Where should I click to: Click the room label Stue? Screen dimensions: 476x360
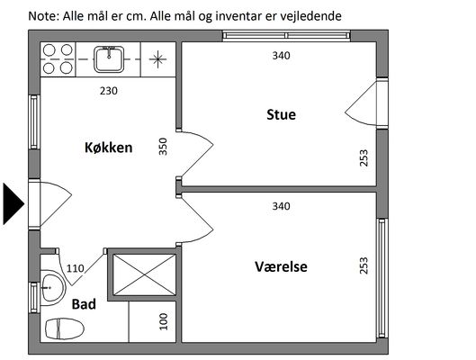pyautogui.click(x=281, y=114)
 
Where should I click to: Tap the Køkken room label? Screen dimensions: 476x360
pyautogui.click(x=108, y=148)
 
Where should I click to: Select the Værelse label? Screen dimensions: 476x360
pyautogui.click(x=281, y=266)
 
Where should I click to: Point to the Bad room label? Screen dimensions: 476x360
pyautogui.click(x=84, y=304)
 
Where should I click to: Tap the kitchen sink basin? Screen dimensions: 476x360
pyautogui.click(x=109, y=59)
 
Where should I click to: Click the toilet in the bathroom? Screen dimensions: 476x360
pyautogui.click(x=65, y=328)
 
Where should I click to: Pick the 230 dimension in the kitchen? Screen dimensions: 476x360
pyautogui.click(x=109, y=91)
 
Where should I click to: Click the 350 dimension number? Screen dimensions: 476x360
pyautogui.click(x=163, y=147)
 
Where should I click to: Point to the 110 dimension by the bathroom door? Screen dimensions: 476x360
pyautogui.click(x=75, y=268)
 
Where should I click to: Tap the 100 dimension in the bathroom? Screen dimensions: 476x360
pyautogui.click(x=164, y=322)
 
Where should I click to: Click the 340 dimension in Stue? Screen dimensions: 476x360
pyautogui.click(x=281, y=56)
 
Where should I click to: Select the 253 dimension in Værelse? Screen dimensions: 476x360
pyautogui.click(x=364, y=265)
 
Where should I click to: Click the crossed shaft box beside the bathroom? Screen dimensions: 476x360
pyautogui.click(x=144, y=275)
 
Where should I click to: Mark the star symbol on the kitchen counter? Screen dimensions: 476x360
pyautogui.click(x=157, y=59)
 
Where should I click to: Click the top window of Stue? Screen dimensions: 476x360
pyautogui.click(x=286, y=36)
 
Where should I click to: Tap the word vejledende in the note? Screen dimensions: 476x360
pyautogui.click(x=310, y=16)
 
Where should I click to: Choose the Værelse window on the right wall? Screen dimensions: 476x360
pyautogui.click(x=382, y=278)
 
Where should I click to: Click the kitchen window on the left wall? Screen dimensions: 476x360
pyautogui.click(x=34, y=122)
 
